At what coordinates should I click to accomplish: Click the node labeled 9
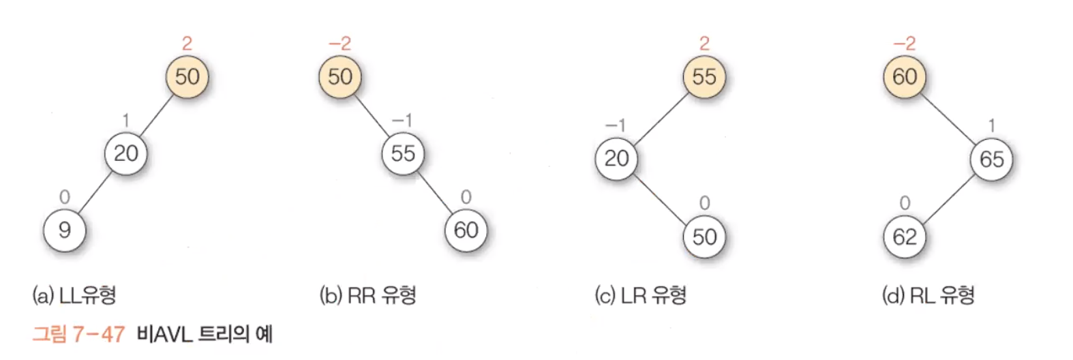point(65,230)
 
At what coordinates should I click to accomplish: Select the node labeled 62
point(905,237)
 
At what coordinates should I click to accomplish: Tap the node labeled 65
point(991,159)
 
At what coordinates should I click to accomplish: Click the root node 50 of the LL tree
point(187,76)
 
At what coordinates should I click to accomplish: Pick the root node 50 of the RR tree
point(340,76)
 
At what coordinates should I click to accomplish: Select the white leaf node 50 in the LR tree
point(704,237)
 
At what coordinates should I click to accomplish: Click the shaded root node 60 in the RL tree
point(905,76)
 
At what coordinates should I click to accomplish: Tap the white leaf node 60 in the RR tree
point(466,230)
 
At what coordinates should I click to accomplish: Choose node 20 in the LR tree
point(617,159)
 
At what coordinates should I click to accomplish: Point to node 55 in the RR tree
point(403,153)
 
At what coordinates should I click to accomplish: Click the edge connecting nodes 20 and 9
point(95,192)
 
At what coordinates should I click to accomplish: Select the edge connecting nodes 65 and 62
point(948,198)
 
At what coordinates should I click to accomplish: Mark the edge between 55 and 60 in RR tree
point(434,192)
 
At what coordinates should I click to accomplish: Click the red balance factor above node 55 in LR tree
point(704,44)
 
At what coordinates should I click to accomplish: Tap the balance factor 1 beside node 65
point(991,125)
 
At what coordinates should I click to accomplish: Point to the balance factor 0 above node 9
point(64,197)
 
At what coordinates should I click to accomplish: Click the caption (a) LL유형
point(74,295)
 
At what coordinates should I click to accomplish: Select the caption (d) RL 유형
point(928,295)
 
